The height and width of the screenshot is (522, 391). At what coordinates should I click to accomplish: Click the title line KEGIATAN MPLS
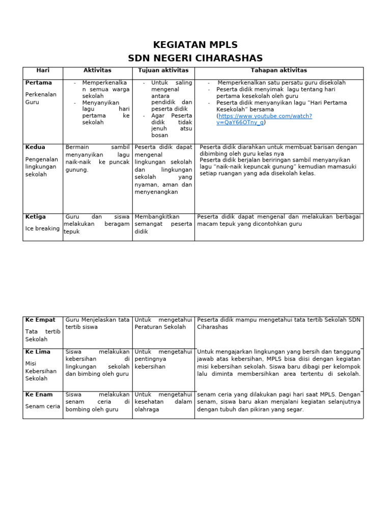pos(195,45)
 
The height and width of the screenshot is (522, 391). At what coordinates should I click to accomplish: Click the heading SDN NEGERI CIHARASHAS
pos(195,58)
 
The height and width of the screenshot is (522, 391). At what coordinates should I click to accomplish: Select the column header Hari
pos(43,70)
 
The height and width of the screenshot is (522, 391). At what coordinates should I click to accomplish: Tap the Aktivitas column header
pos(97,70)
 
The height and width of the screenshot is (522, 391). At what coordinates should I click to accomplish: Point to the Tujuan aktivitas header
pos(163,70)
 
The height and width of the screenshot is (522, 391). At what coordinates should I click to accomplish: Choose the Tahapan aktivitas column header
pos(278,70)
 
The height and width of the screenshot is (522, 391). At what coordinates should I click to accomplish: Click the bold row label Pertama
pos(39,83)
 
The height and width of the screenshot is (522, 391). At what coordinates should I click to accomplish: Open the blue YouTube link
pos(265,119)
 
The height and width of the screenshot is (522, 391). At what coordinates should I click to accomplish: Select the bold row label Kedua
pos(36,147)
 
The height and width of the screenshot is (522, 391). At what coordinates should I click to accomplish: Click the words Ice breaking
pos(42,229)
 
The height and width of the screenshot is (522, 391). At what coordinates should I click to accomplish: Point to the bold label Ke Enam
pos(39,395)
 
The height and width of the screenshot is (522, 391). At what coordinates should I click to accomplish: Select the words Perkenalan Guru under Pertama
pos(41,98)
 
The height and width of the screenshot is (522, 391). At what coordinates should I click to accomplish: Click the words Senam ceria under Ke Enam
pos(42,406)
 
